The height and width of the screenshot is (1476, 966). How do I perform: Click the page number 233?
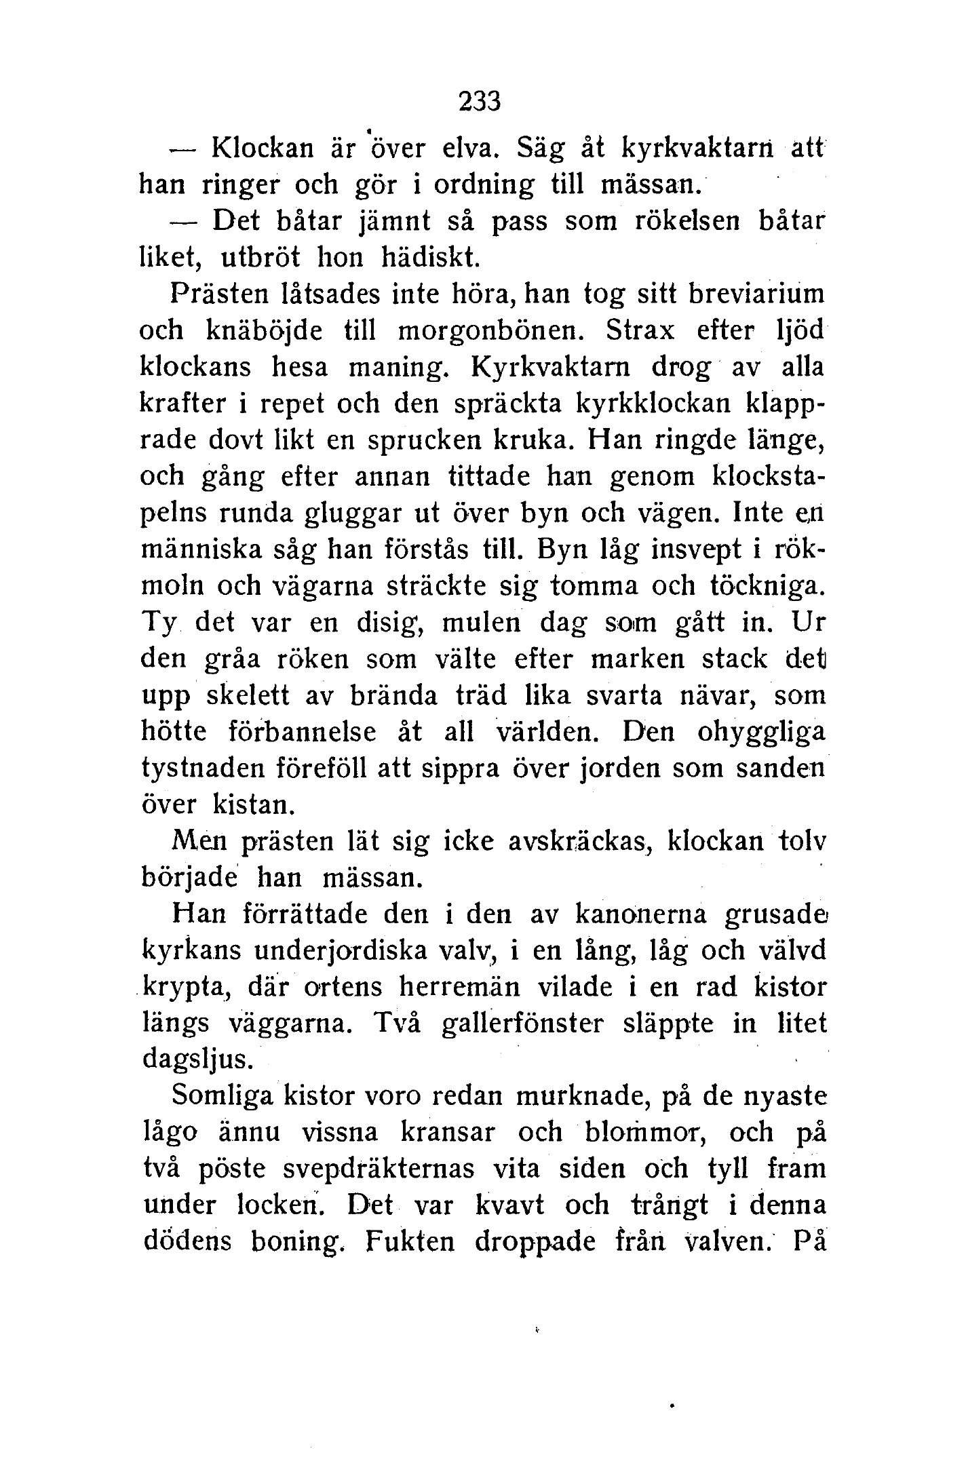pos(480,102)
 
